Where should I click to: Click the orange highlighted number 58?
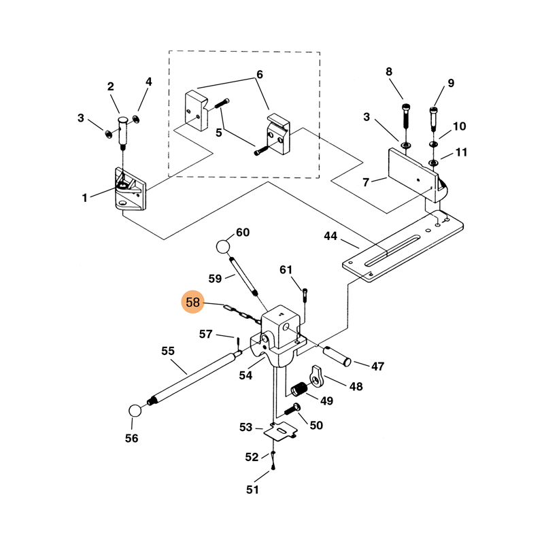tap(193, 302)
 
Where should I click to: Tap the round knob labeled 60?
tap(225, 246)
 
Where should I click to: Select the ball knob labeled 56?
tap(135, 411)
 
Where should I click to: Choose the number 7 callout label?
tap(365, 182)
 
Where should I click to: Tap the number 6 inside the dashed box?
tap(259, 74)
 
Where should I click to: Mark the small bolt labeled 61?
tap(305, 296)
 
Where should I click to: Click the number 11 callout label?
tap(462, 153)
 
